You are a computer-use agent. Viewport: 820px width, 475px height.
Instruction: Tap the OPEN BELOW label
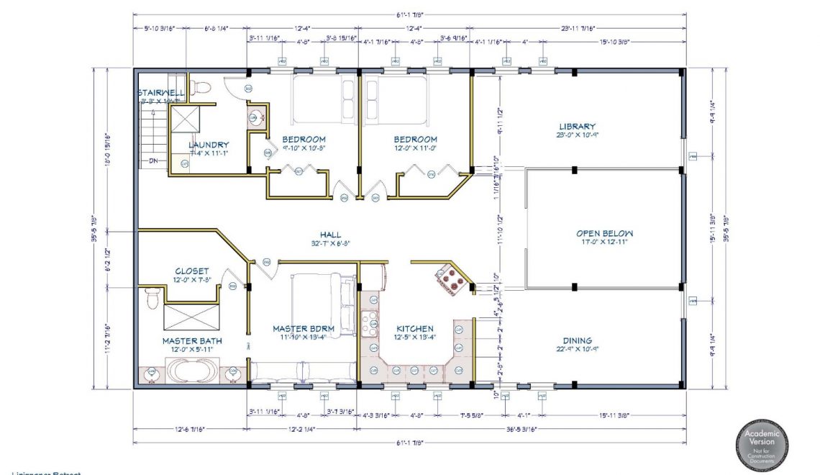(604, 233)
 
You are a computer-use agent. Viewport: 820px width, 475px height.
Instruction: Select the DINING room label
(577, 340)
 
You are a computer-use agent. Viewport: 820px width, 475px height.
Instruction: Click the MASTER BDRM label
(303, 328)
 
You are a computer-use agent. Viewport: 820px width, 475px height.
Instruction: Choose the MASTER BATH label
(191, 340)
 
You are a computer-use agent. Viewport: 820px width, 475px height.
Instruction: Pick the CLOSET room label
(191, 271)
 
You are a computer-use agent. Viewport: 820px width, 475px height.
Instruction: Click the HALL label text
(330, 234)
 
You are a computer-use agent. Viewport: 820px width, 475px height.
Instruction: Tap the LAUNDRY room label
(209, 145)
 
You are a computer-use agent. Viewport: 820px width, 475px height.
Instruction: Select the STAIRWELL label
(161, 93)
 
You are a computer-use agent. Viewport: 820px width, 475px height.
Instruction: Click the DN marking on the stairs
(152, 160)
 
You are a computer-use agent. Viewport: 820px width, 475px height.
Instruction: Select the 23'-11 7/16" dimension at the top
(578, 28)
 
